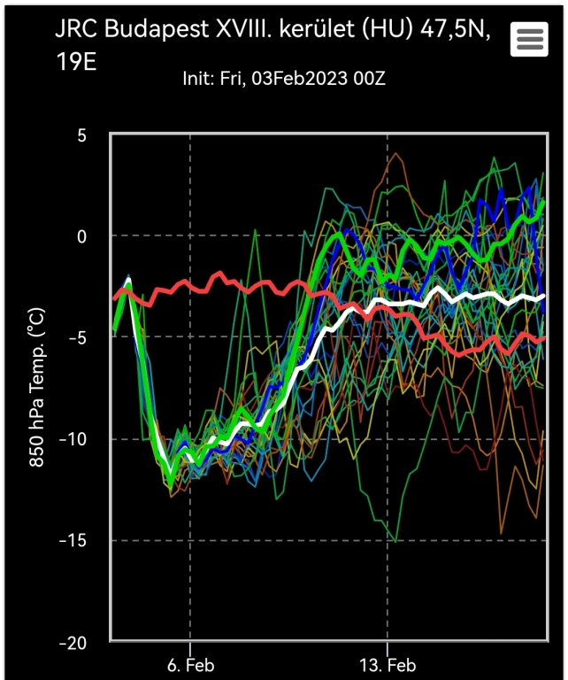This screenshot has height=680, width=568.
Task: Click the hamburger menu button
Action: pyautogui.click(x=530, y=40)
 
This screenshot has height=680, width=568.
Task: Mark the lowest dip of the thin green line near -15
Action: pyautogui.click(x=395, y=540)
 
